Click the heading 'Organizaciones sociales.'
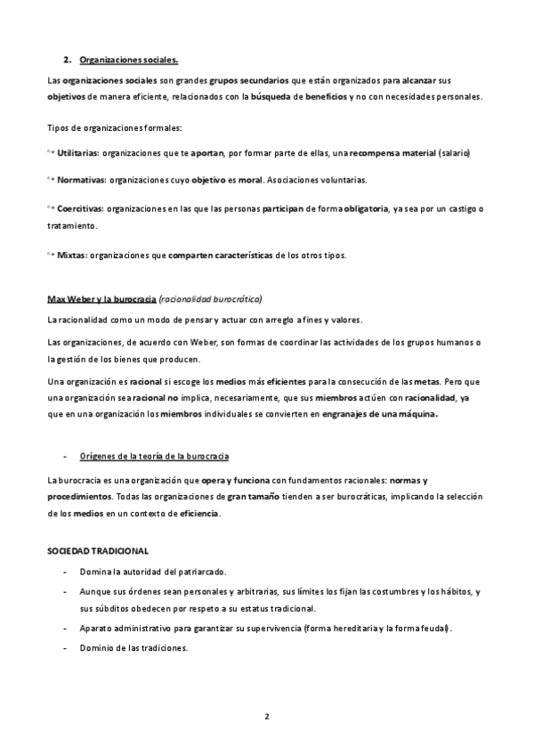[x=129, y=61]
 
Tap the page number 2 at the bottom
[x=267, y=716]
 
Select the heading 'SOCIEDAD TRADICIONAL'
[x=98, y=552]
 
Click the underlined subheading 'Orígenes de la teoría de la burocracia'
[x=154, y=457]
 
